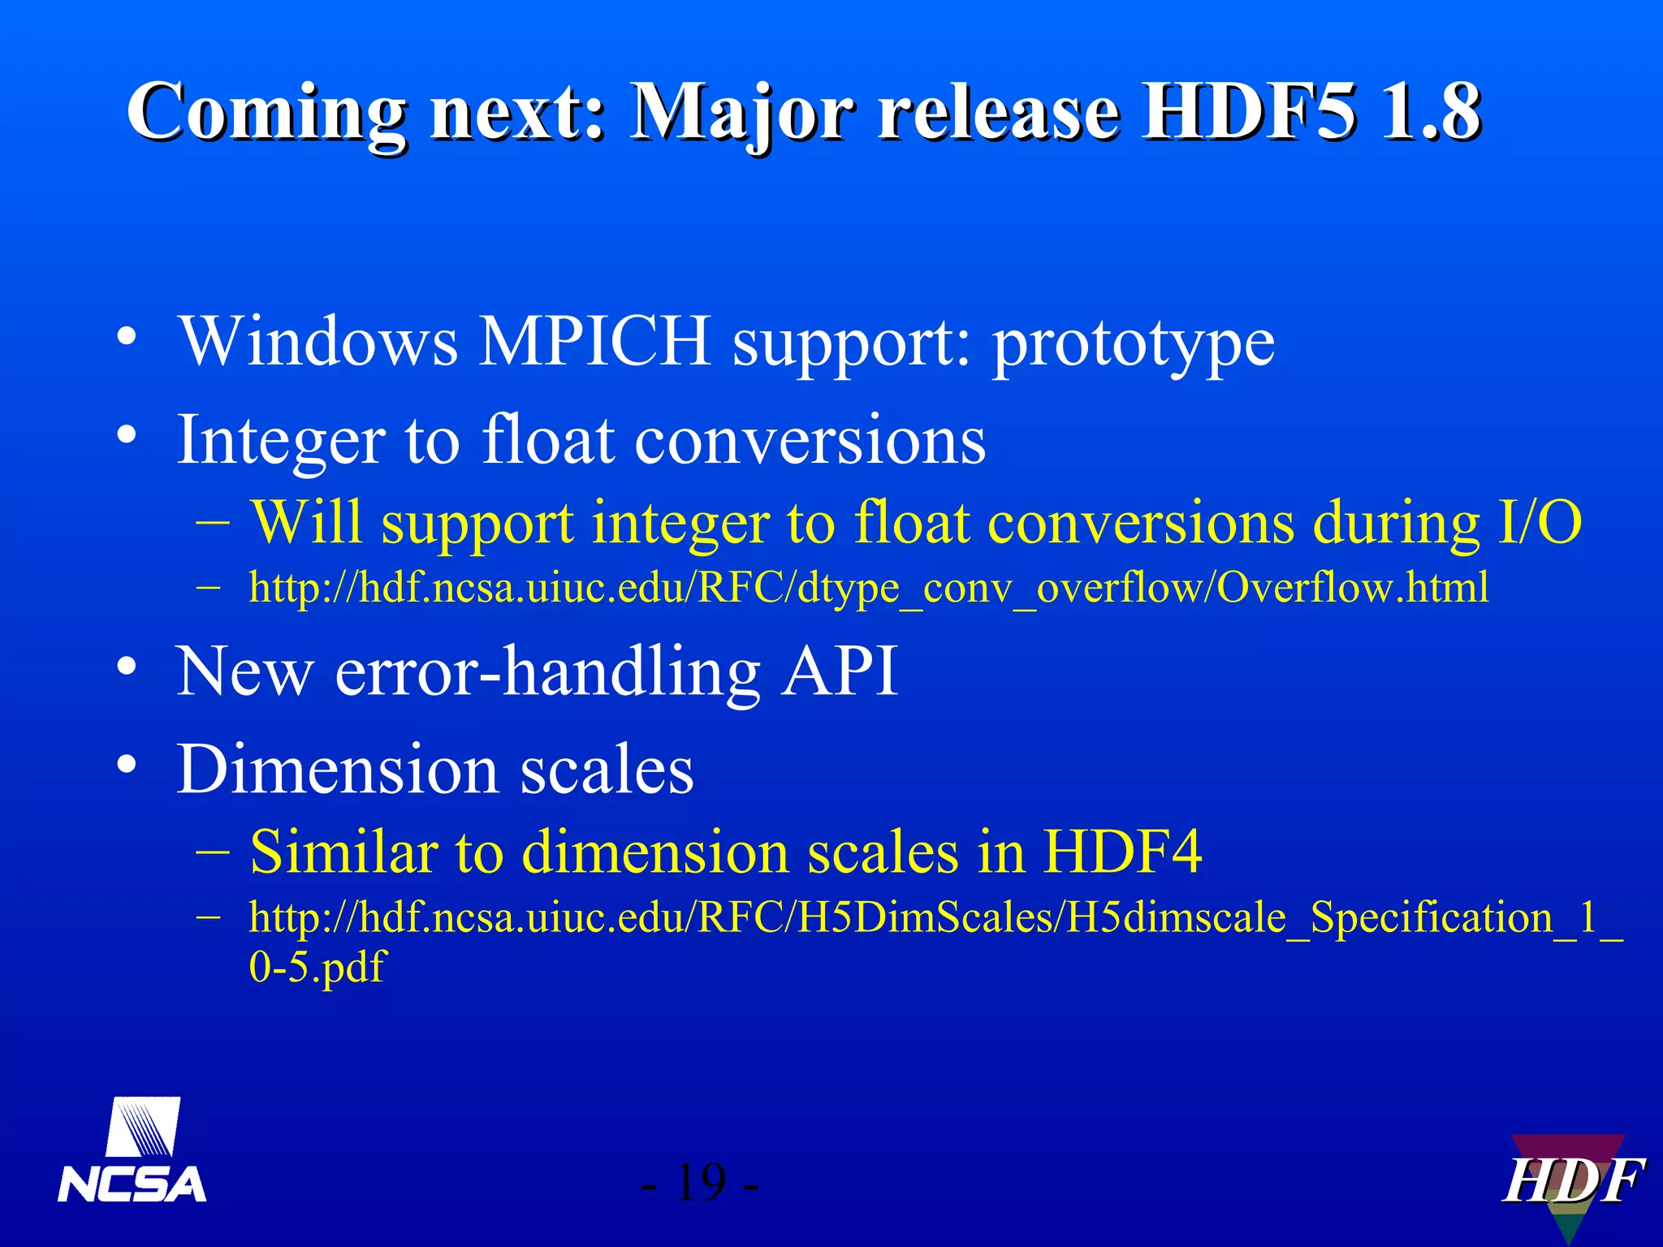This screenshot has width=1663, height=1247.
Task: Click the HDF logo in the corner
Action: coord(1572,1182)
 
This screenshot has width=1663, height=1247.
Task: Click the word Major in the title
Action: coord(744,114)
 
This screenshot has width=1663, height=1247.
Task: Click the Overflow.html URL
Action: coord(869,587)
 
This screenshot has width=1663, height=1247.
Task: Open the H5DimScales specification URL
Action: coord(934,918)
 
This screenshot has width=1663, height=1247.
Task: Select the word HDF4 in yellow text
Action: coord(1121,852)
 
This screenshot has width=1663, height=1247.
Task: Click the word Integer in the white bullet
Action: coord(280,440)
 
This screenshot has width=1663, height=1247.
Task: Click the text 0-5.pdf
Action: coord(317,967)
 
